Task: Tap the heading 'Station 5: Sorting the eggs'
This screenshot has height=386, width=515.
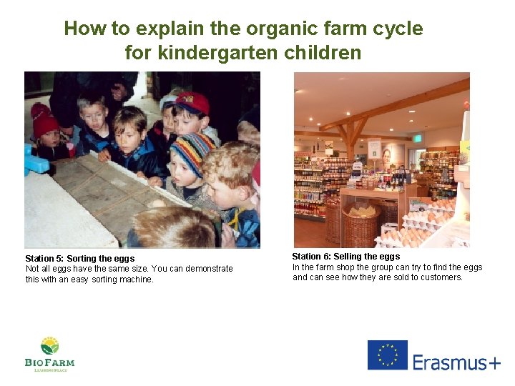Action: pyautogui.click(x=79, y=258)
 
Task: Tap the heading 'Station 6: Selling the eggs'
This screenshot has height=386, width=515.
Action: pyautogui.click(x=345, y=256)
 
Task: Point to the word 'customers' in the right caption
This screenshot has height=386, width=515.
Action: pyautogui.click(x=441, y=277)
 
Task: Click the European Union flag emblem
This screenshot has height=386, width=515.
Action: pyautogui.click(x=387, y=355)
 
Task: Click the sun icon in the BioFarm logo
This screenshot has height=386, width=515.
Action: pyautogui.click(x=49, y=345)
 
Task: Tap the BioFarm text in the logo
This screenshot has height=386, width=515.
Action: pyautogui.click(x=49, y=362)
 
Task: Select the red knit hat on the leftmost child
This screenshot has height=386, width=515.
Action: pyautogui.click(x=44, y=121)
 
